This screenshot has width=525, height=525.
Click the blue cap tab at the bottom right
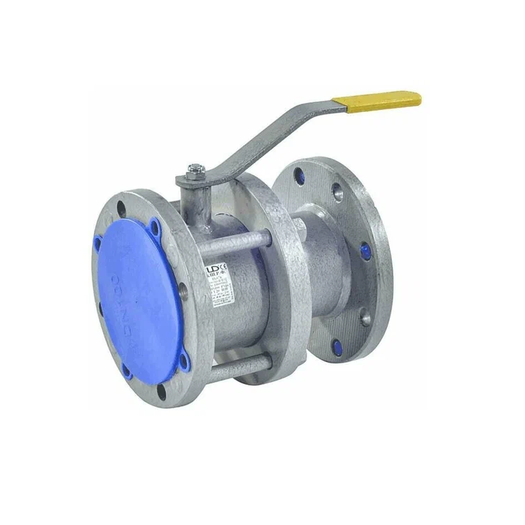coord(185,360)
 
